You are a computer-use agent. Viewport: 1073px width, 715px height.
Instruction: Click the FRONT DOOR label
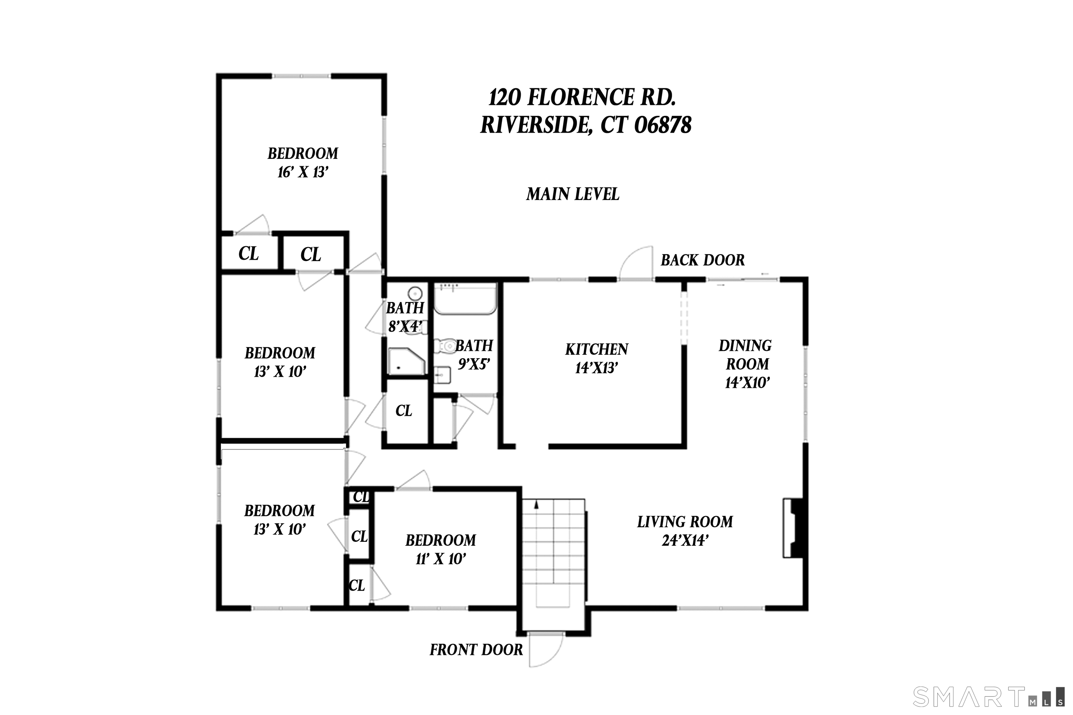476,650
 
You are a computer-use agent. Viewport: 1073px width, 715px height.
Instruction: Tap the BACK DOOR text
702,260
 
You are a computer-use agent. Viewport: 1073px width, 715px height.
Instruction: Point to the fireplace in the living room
794,528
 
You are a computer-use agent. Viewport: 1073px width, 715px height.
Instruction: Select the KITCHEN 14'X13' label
597,359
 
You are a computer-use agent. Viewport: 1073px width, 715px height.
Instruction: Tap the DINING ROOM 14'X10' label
745,364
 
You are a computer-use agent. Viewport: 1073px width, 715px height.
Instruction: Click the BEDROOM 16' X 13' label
303,162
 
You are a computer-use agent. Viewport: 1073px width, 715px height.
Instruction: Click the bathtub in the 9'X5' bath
465,299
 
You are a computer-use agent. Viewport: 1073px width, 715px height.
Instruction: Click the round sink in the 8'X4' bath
414,293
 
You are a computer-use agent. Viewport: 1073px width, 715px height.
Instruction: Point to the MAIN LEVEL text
572,195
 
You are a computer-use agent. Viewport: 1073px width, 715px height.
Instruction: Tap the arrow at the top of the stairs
536,504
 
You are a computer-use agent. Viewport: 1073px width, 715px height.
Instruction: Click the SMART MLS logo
990,697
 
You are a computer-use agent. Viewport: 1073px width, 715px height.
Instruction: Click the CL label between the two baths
404,411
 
